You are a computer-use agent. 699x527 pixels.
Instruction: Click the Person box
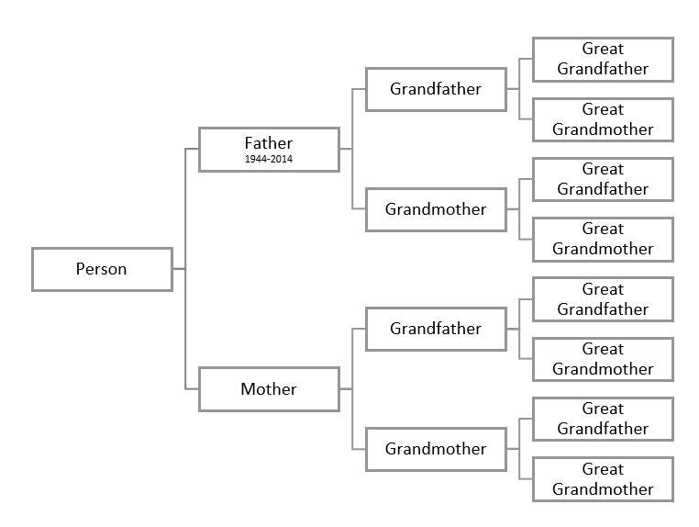pyautogui.click(x=102, y=269)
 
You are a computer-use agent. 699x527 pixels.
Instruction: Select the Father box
pyautogui.click(x=269, y=149)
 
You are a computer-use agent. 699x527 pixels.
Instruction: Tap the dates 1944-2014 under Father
pyautogui.click(x=269, y=160)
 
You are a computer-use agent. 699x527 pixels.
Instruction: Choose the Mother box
pyautogui.click(x=269, y=389)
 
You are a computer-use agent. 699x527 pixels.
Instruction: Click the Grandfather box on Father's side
pyautogui.click(x=436, y=89)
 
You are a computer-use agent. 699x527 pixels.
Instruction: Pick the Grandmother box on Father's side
pyautogui.click(x=436, y=209)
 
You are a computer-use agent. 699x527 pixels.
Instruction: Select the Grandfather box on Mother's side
pyautogui.click(x=436, y=329)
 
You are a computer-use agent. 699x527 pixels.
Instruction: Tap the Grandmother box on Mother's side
pyautogui.click(x=436, y=449)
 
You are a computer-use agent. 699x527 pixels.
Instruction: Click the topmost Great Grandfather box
pyautogui.click(x=603, y=59)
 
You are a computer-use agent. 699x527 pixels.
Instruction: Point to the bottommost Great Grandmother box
pyautogui.click(x=603, y=478)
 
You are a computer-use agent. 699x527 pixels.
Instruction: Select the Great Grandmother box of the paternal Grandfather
pyautogui.click(x=603, y=119)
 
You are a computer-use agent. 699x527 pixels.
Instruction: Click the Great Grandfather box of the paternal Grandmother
pyautogui.click(x=603, y=179)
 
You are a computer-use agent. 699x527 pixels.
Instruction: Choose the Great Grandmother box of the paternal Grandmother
pyautogui.click(x=603, y=239)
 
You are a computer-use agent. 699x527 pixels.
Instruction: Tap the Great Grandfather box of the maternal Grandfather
pyautogui.click(x=603, y=299)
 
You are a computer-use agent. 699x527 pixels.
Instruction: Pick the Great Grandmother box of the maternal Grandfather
pyautogui.click(x=603, y=359)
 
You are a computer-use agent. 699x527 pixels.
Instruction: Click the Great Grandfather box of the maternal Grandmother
pyautogui.click(x=603, y=419)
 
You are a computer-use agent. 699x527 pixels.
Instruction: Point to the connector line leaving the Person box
pyautogui.click(x=179, y=269)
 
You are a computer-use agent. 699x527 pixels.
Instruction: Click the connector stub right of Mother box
pyautogui.click(x=346, y=389)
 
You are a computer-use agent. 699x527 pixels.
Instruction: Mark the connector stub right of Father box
pyautogui.click(x=346, y=149)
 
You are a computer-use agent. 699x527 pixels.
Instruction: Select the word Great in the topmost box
pyautogui.click(x=603, y=49)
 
